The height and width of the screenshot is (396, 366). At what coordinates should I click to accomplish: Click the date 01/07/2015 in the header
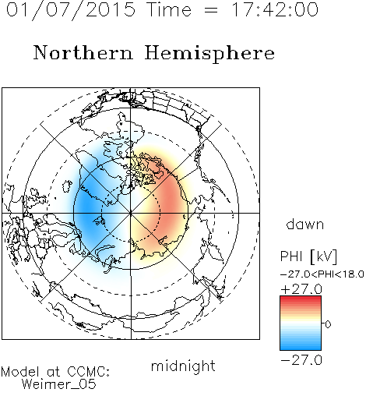(x=71, y=10)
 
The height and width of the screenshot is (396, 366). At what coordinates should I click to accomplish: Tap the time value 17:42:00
(x=275, y=9)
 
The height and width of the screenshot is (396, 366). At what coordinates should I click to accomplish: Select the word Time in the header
(x=169, y=9)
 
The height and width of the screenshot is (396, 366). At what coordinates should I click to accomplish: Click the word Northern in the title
(x=83, y=52)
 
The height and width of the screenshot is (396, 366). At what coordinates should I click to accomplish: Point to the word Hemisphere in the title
(x=209, y=54)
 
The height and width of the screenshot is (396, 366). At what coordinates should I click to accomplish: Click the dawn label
(x=305, y=224)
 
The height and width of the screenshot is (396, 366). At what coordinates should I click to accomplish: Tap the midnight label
(x=183, y=366)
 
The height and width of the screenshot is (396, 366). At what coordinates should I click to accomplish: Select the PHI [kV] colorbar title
(x=308, y=256)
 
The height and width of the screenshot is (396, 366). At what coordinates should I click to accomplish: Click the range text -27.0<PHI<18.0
(x=322, y=274)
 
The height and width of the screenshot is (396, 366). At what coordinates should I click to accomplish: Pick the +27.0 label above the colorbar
(x=301, y=289)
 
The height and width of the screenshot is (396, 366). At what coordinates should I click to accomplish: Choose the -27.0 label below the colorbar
(x=301, y=360)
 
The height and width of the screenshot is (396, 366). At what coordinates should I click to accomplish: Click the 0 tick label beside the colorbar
(x=328, y=324)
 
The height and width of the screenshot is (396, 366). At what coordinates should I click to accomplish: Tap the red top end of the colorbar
(x=301, y=298)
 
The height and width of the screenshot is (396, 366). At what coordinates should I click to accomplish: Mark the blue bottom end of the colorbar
(x=301, y=348)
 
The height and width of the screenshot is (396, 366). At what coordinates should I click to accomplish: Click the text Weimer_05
(x=59, y=384)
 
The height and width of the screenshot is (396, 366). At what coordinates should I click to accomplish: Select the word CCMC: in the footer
(x=89, y=372)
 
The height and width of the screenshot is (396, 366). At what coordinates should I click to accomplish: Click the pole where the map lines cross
(x=131, y=213)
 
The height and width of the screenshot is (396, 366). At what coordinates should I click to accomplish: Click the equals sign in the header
(x=210, y=10)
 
